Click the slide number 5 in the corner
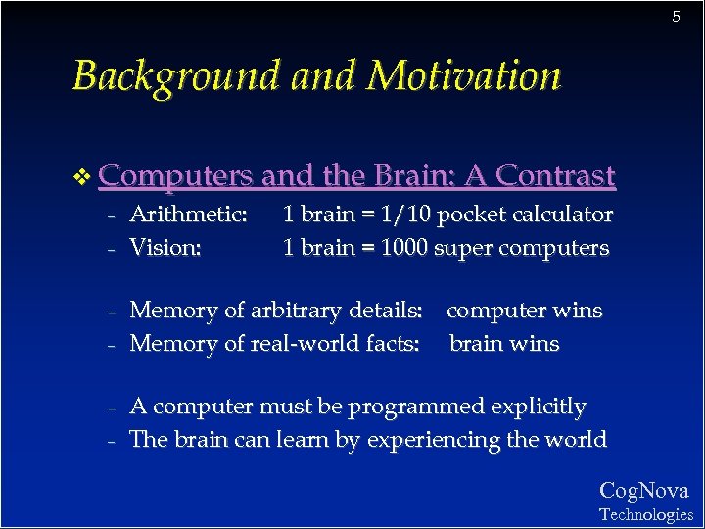pyautogui.click(x=676, y=17)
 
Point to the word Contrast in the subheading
pyautogui.click(x=555, y=175)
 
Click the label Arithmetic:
pyautogui.click(x=188, y=215)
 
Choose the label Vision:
pyautogui.click(x=165, y=248)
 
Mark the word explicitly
pyautogui.click(x=540, y=407)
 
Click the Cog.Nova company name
pyautogui.click(x=643, y=491)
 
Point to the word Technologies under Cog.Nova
pyautogui.click(x=645, y=514)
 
